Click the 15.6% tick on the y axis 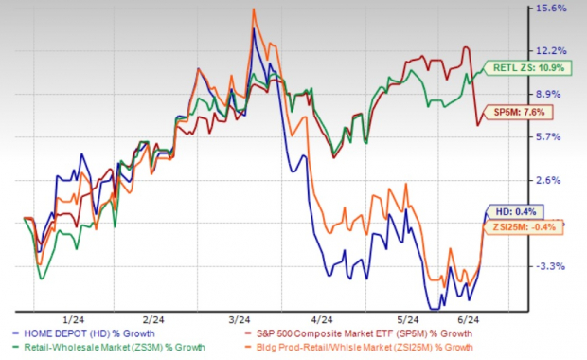tap(551, 9)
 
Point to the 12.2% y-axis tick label tap(551, 50)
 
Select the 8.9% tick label tap(551, 94)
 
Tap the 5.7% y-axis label tap(551, 136)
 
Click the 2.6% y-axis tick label tap(551, 180)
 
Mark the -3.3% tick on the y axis tap(551, 266)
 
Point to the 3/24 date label tap(240, 321)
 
